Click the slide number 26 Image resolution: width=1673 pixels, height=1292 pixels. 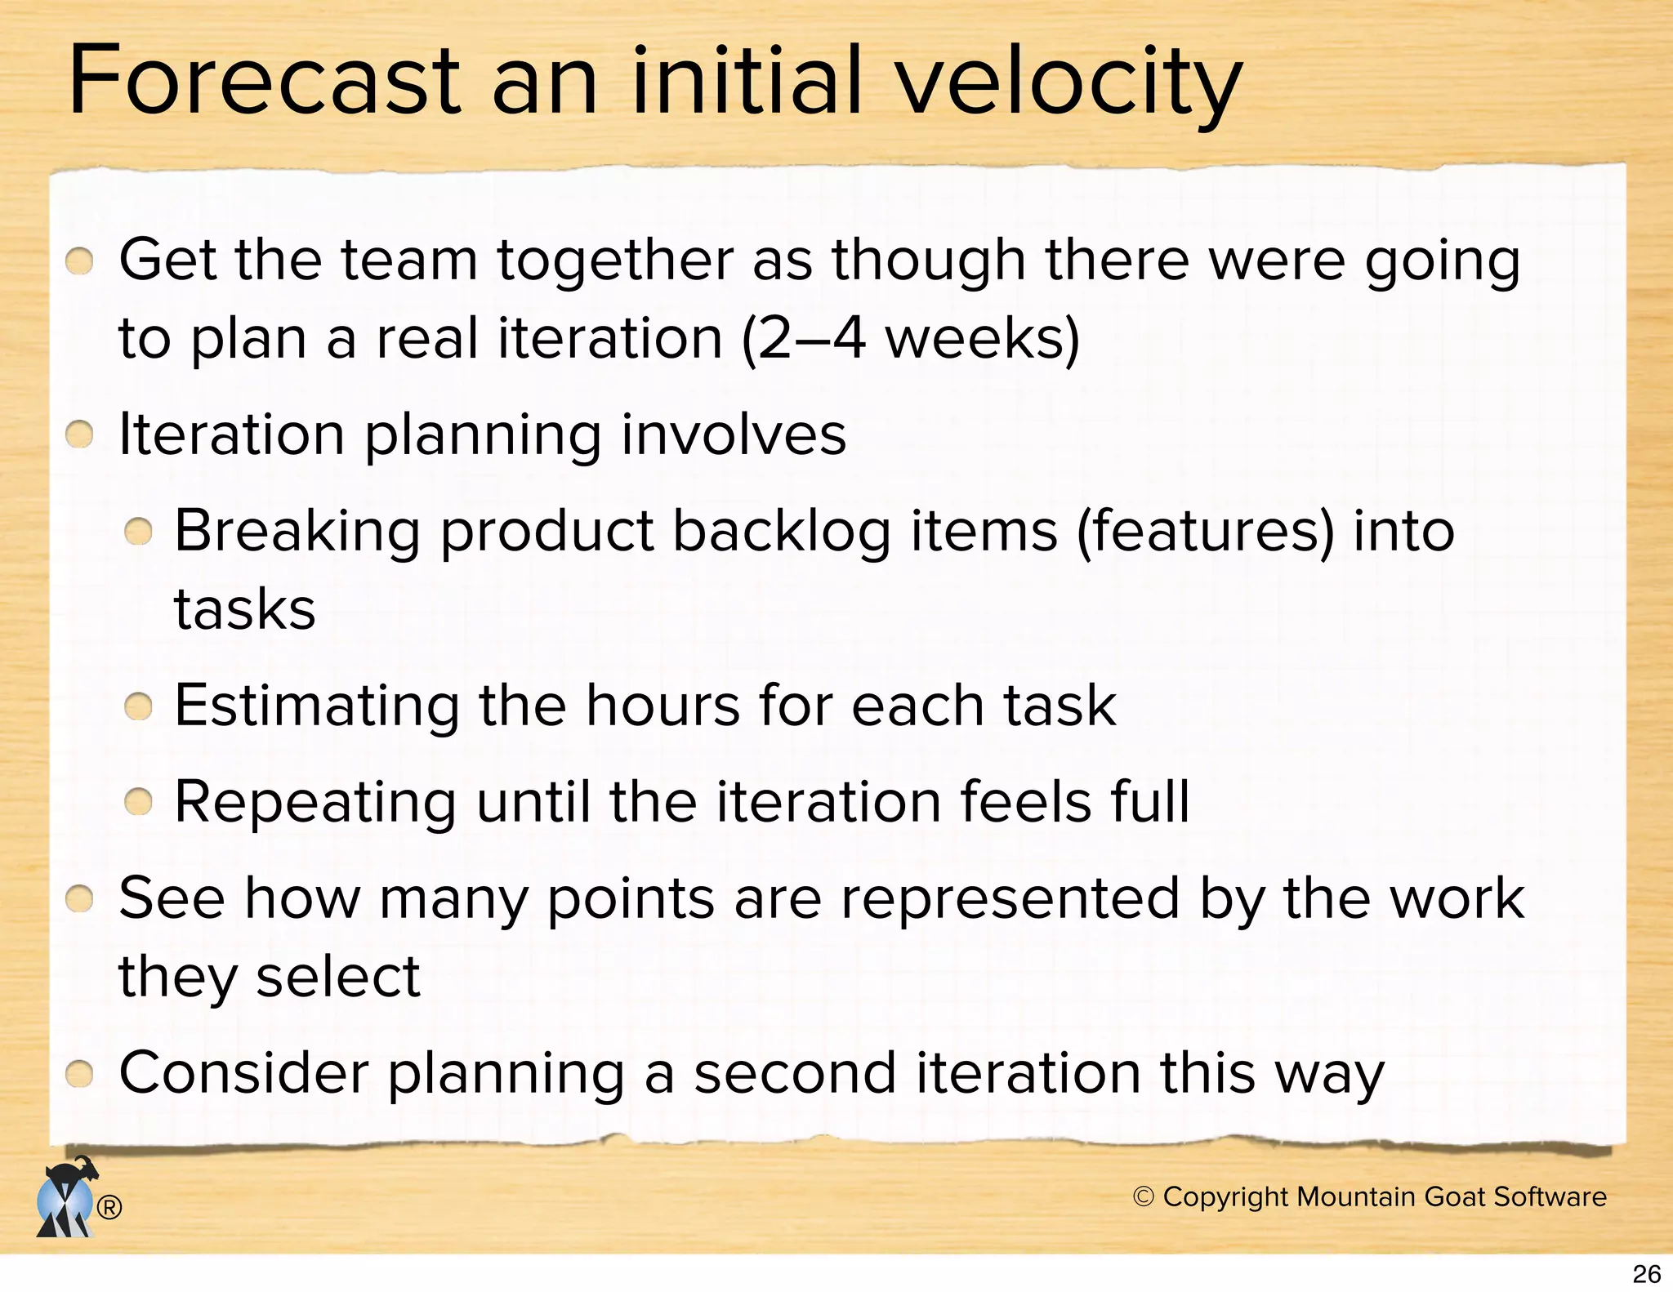click(1646, 1274)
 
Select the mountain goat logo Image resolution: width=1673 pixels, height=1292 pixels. click(65, 1197)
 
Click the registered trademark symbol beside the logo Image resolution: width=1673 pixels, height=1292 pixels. click(109, 1207)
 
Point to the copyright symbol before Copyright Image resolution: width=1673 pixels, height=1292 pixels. click(1144, 1196)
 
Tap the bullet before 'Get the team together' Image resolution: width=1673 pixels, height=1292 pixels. click(79, 262)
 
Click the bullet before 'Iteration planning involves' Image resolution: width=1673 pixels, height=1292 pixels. click(79, 435)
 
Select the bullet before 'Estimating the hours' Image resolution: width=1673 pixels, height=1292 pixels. click(139, 706)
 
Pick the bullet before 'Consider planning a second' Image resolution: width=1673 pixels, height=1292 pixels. click(79, 1074)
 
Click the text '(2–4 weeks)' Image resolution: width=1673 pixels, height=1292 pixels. click(910, 339)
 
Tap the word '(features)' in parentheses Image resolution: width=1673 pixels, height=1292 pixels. click(1205, 531)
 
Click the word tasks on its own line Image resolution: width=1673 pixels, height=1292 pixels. click(244, 609)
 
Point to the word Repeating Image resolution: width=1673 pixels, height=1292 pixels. click(315, 802)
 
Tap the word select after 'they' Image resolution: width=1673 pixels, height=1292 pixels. click(337, 977)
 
